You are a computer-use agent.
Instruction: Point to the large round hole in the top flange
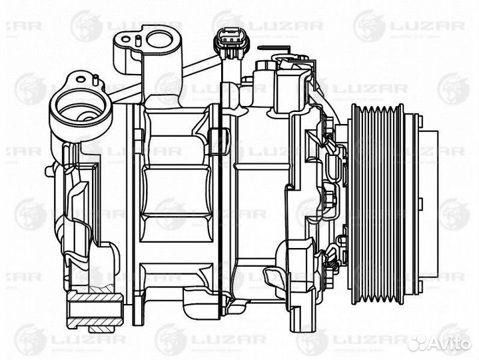(161, 38)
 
